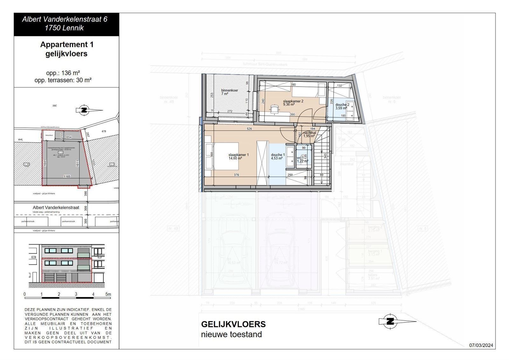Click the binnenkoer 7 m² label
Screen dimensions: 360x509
tap(229, 92)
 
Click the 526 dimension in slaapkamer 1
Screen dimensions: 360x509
tap(249, 129)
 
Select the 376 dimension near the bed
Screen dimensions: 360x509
tap(236, 175)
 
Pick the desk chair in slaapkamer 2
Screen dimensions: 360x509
tap(274, 109)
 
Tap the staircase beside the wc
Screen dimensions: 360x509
tap(322, 162)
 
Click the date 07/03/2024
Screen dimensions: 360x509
tap(481, 345)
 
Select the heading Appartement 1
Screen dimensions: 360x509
tap(66, 45)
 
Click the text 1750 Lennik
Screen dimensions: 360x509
tap(64, 28)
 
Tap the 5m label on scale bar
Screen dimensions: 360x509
tap(108, 294)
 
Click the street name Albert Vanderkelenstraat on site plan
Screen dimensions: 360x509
tap(56, 207)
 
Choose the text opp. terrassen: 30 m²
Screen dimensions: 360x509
tap(63, 80)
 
